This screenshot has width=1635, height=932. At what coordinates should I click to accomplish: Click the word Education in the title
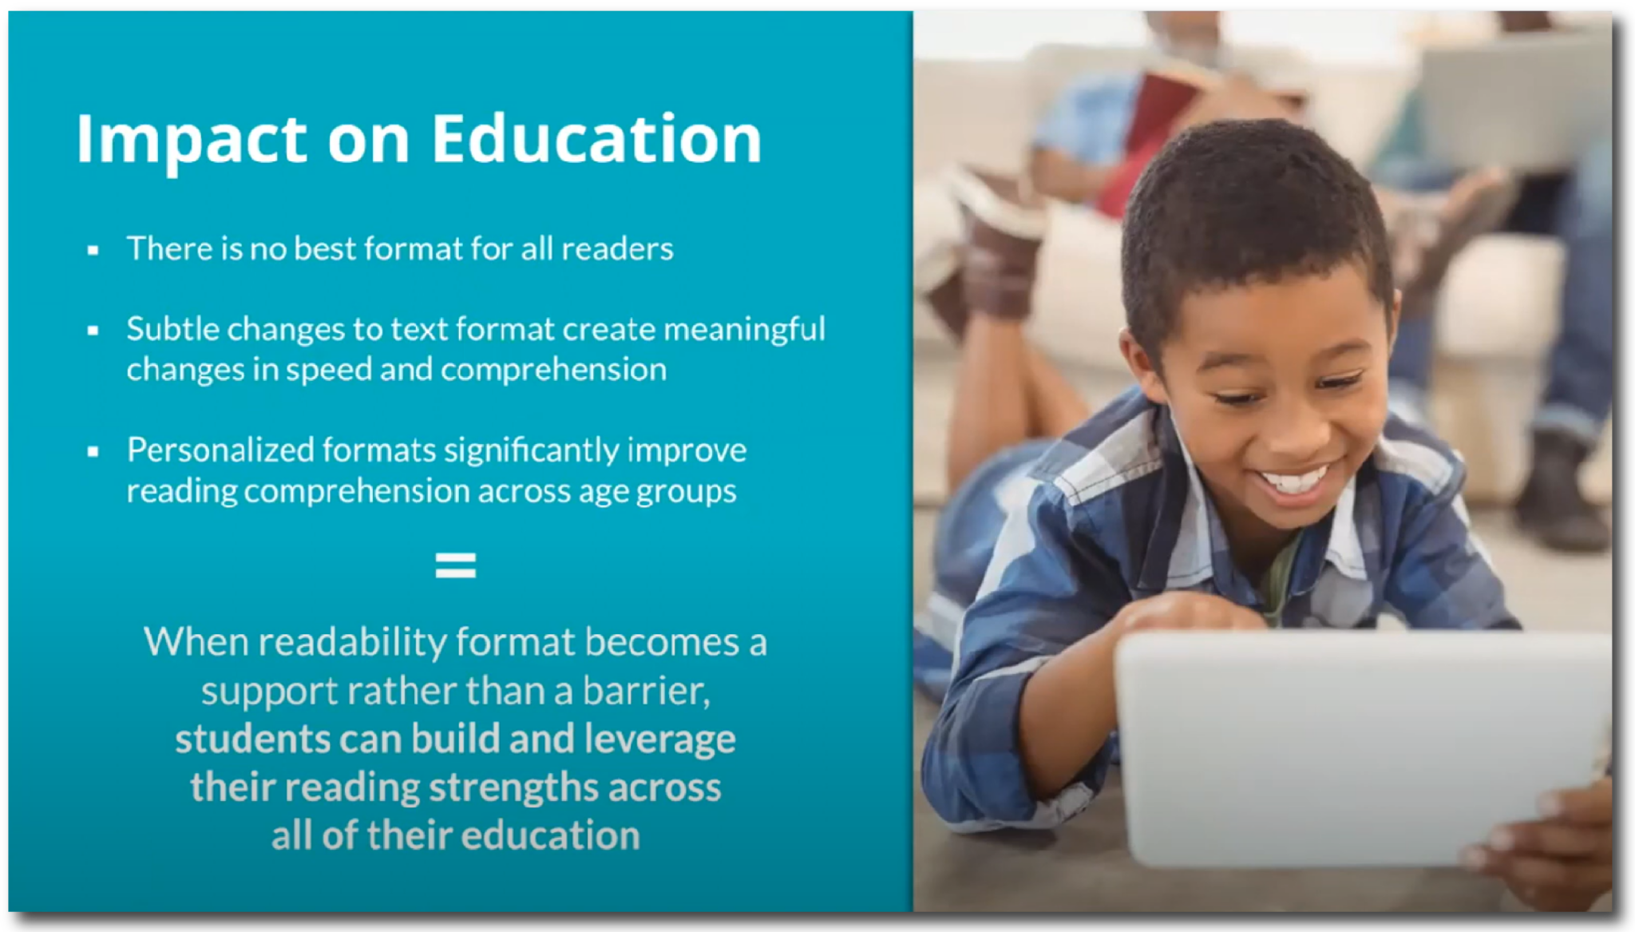596,139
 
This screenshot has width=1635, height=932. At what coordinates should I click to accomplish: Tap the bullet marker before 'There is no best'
93,251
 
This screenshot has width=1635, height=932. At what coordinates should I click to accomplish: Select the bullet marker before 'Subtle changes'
93,330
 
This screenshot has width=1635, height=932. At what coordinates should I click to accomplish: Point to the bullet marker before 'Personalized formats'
93,451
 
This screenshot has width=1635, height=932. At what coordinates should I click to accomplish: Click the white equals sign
455,565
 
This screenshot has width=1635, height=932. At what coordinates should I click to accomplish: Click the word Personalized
220,450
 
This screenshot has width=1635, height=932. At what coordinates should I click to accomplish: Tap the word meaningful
744,330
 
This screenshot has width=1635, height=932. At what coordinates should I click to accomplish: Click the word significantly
531,450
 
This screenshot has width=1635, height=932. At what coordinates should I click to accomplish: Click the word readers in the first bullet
617,249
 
